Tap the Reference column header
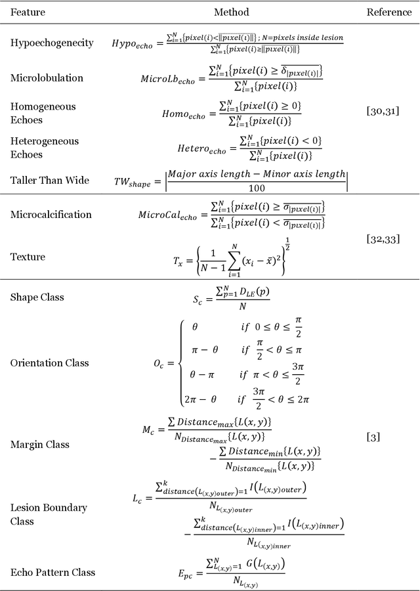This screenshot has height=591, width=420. point(389,12)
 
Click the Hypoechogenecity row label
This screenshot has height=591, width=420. point(52,43)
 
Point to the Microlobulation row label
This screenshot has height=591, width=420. point(47,78)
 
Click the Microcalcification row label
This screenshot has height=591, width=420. point(51,215)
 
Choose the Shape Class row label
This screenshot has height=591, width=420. point(37,297)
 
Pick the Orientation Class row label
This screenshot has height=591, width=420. point(49,362)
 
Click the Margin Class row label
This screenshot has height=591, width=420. point(40,445)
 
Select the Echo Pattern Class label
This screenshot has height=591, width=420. point(52,573)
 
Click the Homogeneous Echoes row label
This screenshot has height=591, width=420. point(43,113)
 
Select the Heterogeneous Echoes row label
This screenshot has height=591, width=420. point(44,148)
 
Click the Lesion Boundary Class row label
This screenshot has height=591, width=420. point(48,514)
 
